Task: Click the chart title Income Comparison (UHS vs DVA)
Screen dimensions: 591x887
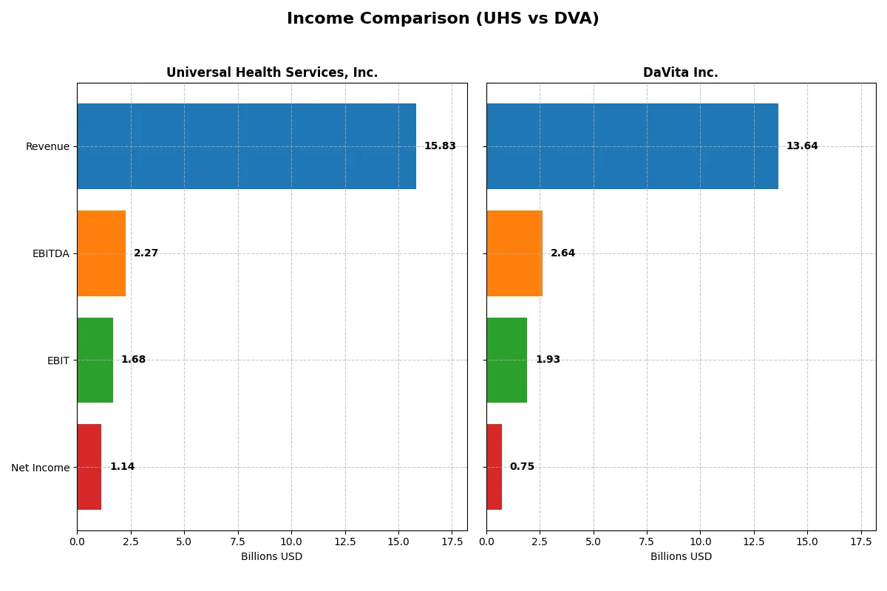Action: tap(443, 19)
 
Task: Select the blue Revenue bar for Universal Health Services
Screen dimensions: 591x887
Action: tap(246, 146)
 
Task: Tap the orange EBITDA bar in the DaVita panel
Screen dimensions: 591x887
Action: tap(514, 253)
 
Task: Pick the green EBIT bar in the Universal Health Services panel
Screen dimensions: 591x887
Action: tap(95, 360)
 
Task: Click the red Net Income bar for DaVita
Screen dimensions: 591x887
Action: tap(495, 467)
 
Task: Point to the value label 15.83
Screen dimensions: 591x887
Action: tap(440, 146)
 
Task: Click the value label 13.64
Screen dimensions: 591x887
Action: tap(802, 146)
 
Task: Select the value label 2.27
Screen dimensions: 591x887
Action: tap(146, 253)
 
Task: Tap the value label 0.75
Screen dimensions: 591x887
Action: tap(522, 467)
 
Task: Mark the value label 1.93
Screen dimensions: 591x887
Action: tap(548, 360)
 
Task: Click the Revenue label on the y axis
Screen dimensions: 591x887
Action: tap(47, 146)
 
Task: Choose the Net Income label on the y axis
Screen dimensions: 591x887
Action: tap(41, 468)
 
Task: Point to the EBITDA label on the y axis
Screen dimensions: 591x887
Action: tap(51, 253)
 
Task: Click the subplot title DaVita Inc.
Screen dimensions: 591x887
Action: tap(680, 72)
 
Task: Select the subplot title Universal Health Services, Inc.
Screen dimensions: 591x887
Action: tap(272, 72)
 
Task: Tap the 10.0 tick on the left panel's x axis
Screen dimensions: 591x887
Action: tap(291, 542)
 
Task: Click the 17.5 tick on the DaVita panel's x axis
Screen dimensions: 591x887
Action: tap(861, 542)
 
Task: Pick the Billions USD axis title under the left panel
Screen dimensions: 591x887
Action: tap(272, 556)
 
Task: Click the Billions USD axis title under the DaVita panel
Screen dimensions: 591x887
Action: tap(681, 556)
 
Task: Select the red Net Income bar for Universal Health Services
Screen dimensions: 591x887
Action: tap(89, 467)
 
